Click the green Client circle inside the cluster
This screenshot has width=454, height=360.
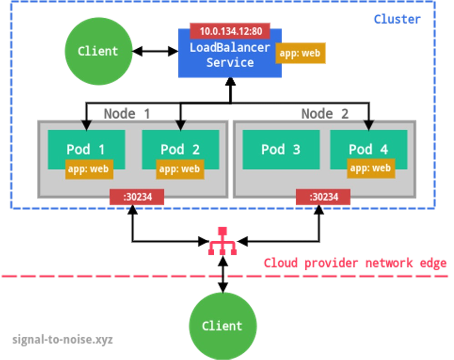[98, 51]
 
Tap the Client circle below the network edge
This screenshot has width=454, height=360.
[222, 326]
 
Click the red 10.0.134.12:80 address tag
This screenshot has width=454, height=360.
[230, 31]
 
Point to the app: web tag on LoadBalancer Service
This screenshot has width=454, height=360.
[300, 53]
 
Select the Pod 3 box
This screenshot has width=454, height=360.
[280, 149]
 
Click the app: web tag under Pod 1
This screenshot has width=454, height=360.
[89, 169]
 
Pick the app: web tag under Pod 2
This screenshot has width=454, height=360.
[180, 169]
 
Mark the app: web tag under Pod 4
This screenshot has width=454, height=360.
[371, 168]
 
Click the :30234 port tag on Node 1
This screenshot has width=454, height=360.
[137, 197]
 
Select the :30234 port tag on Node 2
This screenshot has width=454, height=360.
[323, 197]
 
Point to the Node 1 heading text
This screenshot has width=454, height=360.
[126, 113]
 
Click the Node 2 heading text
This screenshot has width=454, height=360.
[324, 113]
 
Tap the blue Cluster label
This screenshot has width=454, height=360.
[397, 19]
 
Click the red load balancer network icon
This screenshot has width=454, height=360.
[222, 241]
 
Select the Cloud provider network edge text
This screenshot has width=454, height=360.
[355, 263]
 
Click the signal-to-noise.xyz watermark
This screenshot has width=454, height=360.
[62, 340]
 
